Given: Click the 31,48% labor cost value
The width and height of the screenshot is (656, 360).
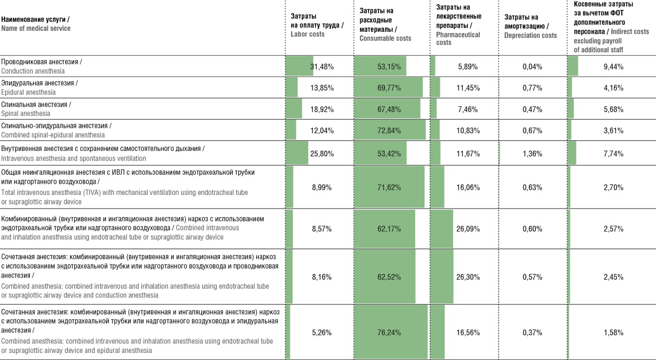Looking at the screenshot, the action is [322, 67].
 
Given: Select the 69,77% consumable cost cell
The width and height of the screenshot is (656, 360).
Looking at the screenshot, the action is [389, 88].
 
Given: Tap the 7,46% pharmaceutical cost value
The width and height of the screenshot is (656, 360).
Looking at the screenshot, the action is [468, 109].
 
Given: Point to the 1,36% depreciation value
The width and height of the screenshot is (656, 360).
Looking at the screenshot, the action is [532, 153].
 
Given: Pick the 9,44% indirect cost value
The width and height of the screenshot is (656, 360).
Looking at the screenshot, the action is [613, 67].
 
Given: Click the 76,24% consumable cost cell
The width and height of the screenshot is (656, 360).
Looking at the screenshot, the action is [389, 332].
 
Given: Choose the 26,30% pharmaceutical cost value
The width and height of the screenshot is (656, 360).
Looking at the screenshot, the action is [468, 277].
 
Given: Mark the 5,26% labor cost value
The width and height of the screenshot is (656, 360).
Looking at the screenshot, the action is [321, 332].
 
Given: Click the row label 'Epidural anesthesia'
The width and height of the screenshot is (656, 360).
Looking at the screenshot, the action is [28, 92].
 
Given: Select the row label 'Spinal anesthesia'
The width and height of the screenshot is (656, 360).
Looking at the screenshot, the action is [25, 114].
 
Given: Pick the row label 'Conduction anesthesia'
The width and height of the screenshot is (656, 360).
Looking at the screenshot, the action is [33, 71].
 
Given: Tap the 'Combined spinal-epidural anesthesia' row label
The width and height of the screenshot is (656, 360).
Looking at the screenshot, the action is [52, 135].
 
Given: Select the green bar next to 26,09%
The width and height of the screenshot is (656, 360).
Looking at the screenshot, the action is [442, 229].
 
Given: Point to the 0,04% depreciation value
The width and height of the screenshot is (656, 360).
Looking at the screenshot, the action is [532, 67].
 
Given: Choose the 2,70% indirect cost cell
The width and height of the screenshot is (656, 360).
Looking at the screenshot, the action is [613, 187].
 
